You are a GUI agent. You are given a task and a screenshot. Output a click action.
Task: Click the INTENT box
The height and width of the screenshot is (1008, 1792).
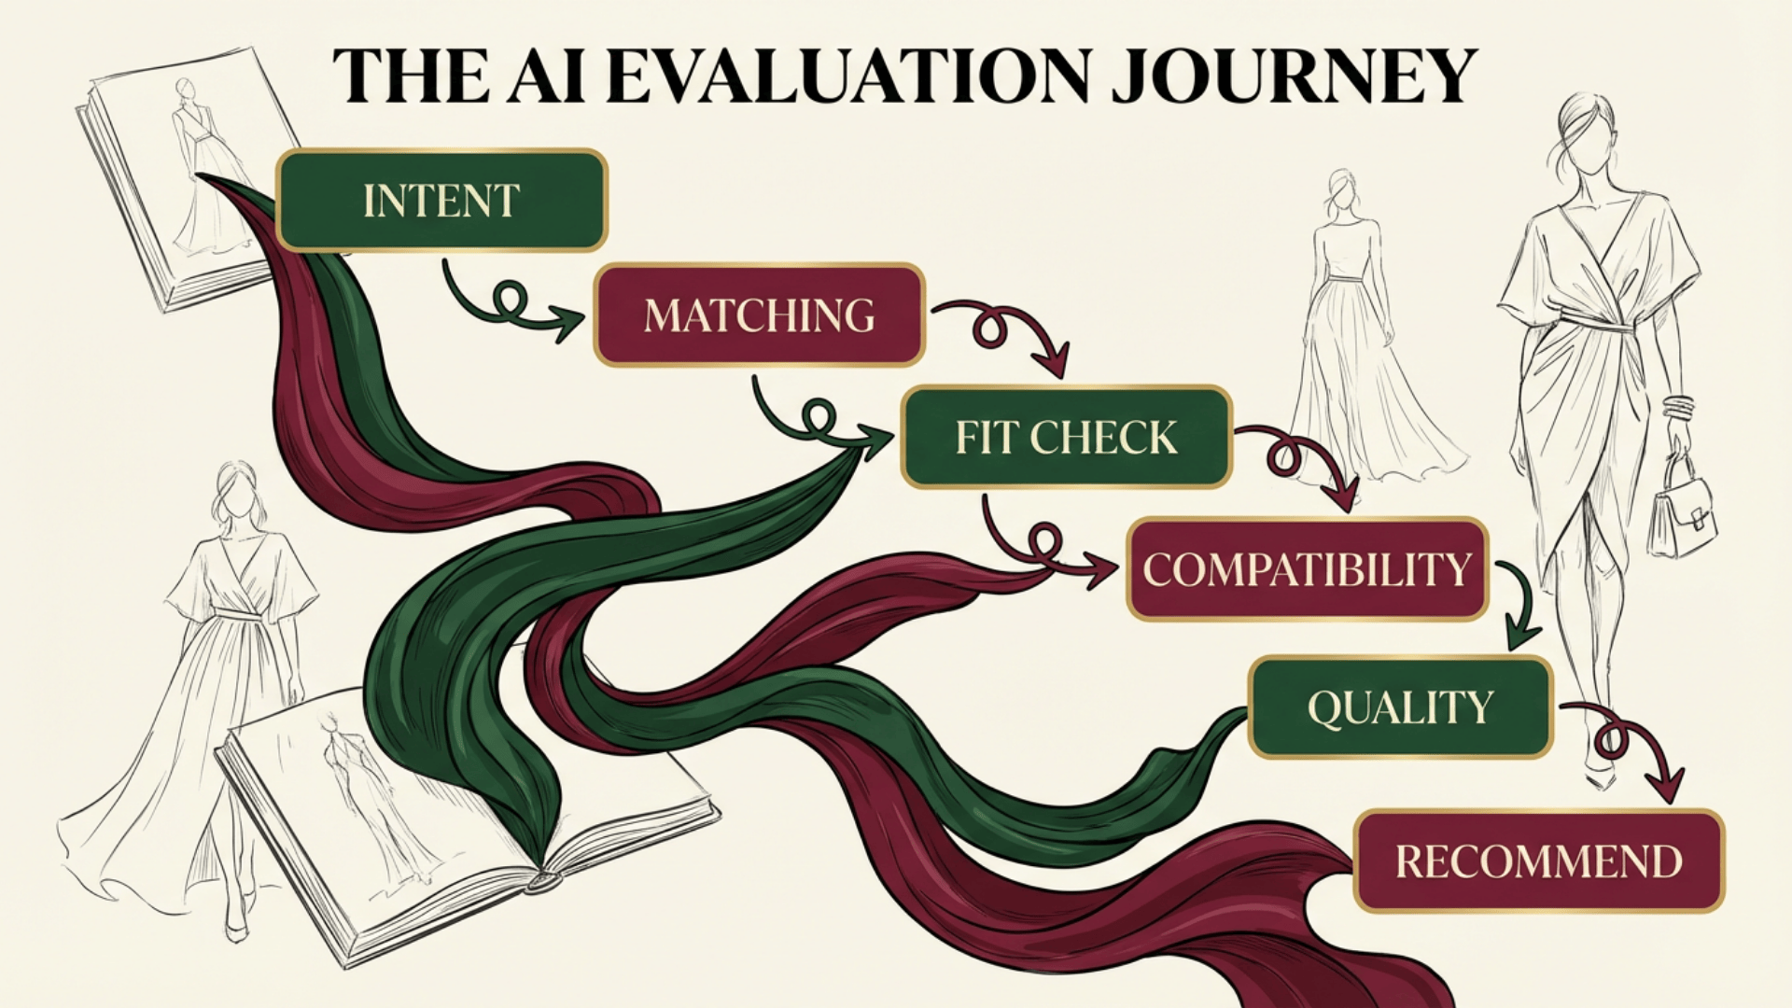point(441,201)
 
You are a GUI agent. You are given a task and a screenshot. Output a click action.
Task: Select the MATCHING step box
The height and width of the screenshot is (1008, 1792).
point(759,315)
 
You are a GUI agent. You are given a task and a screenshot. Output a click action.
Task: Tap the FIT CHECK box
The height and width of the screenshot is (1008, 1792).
point(1066,437)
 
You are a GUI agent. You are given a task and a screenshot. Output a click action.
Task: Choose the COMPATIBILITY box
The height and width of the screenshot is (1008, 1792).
point(1307,568)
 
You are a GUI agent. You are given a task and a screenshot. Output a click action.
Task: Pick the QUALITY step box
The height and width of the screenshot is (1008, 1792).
point(1400,707)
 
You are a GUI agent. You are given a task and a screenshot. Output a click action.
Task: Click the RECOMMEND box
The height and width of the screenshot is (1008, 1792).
point(1538,861)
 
